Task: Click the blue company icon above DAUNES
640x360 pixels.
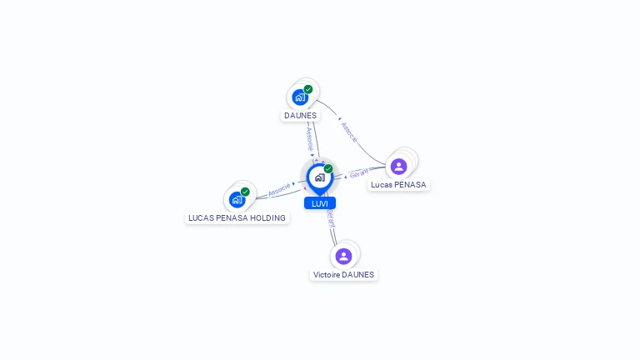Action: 300,97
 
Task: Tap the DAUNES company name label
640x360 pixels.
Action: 300,116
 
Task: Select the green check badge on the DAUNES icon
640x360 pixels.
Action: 308,89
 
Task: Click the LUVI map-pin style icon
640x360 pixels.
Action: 320,178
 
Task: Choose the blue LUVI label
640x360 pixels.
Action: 320,203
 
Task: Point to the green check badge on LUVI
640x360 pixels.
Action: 328,168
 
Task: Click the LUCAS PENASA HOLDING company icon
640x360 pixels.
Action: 237,200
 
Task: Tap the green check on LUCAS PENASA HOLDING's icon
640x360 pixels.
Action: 245,192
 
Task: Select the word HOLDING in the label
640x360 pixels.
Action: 267,218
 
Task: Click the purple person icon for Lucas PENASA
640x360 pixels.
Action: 399,167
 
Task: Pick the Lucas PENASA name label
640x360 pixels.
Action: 398,185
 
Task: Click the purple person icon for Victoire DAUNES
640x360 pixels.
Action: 343,257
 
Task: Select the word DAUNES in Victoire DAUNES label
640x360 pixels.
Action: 359,275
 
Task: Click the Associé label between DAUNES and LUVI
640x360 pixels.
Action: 310,139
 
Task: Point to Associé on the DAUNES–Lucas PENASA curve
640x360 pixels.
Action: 349,132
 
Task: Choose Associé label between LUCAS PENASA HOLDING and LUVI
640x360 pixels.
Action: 279,190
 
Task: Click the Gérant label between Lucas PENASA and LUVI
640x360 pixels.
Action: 359,173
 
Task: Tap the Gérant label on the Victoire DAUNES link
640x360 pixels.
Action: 331,218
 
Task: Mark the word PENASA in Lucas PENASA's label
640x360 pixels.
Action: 410,185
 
